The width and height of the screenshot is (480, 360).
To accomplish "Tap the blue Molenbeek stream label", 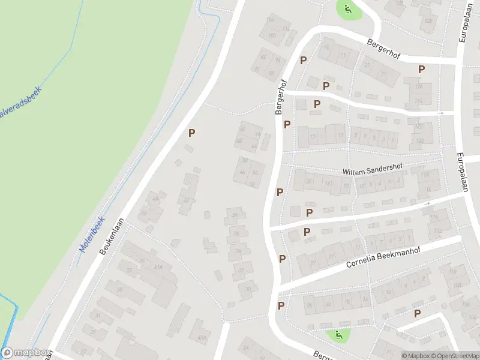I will click(x=91, y=234).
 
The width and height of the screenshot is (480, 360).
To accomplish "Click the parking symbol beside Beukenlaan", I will click(x=192, y=133).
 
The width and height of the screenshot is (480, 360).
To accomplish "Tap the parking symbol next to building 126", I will click(x=422, y=70).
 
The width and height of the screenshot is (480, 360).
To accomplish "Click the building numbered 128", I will click(x=428, y=20).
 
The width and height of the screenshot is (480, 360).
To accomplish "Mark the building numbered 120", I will click(x=419, y=140).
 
